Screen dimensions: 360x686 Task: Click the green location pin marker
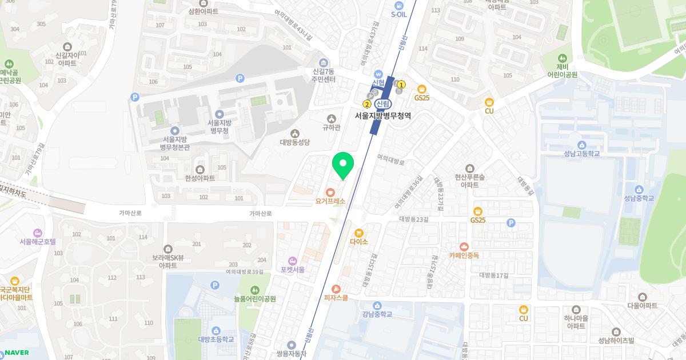click(x=343, y=165)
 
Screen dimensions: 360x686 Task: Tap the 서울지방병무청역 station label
click(x=383, y=115)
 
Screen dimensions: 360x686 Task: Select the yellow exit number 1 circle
click(x=401, y=85)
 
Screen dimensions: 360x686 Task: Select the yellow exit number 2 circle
click(x=366, y=104)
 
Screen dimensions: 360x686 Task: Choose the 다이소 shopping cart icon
click(x=358, y=233)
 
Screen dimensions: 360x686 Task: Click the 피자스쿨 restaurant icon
click(x=336, y=289)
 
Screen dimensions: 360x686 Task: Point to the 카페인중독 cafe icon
click(x=464, y=246)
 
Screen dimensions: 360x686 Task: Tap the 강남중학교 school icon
click(x=377, y=305)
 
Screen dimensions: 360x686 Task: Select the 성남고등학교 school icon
click(x=581, y=145)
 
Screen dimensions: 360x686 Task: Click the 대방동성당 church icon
click(x=294, y=133)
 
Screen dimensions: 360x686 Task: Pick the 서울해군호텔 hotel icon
click(x=38, y=233)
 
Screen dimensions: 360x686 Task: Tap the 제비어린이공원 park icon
click(x=563, y=58)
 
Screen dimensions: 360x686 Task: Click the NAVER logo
click(x=16, y=352)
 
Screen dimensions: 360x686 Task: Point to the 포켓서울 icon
click(x=293, y=261)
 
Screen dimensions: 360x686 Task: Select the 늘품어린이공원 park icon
click(x=254, y=290)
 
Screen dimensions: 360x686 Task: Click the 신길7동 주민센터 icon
click(x=324, y=62)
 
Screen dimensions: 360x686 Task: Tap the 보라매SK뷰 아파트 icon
click(x=168, y=249)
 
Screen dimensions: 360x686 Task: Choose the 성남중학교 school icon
click(x=639, y=189)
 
